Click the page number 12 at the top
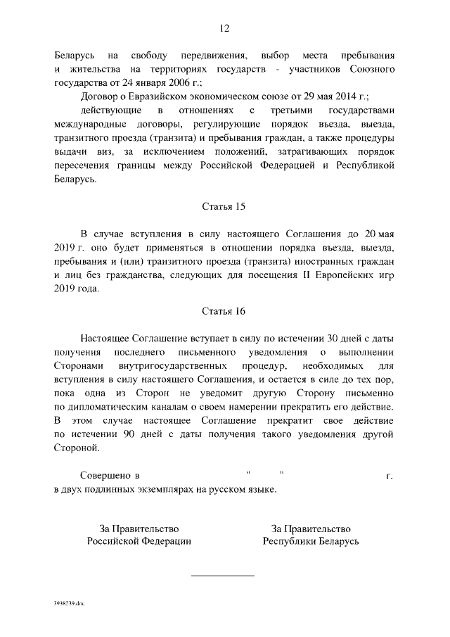coord(224,29)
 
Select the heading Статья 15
coord(224,207)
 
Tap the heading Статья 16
coord(224,311)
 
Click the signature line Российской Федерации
coord(139,541)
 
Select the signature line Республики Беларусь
coord(311,541)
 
